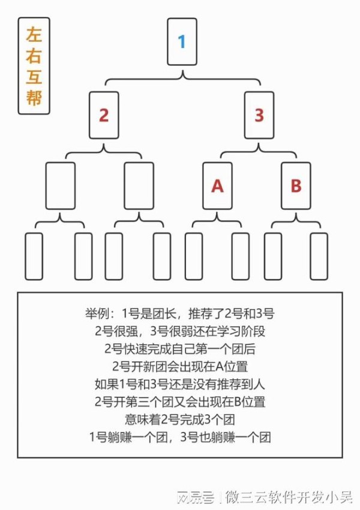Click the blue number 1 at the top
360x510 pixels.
pyautogui.click(x=182, y=41)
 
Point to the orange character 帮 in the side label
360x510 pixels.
pyautogui.click(x=34, y=98)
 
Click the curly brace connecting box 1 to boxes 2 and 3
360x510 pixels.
pyautogui.click(x=182, y=79)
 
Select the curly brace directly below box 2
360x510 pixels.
pyautogui.click(x=104, y=152)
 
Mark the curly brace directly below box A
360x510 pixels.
pyautogui.click(x=217, y=222)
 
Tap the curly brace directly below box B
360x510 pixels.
pyautogui.click(x=296, y=222)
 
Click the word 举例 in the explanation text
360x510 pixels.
pyautogui.click(x=95, y=314)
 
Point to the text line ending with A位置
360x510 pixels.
pyautogui.click(x=180, y=367)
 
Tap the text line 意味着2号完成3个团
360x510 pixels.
pyautogui.click(x=180, y=419)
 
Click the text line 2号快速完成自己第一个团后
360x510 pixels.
pyautogui.click(x=180, y=349)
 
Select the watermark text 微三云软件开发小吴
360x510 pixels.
pyautogui.click(x=289, y=497)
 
